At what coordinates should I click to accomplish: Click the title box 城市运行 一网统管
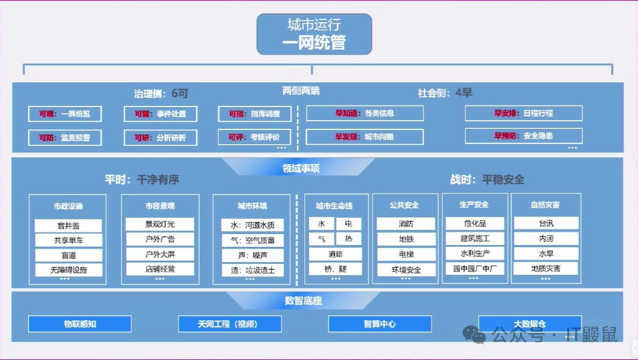point(314,35)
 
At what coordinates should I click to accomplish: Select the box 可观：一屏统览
point(65,114)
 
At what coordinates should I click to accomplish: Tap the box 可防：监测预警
point(65,137)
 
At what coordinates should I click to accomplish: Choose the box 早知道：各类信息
point(364,114)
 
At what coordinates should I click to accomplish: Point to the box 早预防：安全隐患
point(523,136)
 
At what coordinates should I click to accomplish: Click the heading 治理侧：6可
point(161,94)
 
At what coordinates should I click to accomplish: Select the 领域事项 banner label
point(301,168)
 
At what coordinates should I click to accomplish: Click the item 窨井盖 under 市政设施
point(69,225)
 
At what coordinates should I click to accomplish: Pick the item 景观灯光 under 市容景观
point(160,224)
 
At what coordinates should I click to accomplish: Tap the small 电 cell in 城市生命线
point(348,224)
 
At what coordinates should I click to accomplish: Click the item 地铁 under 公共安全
point(406,239)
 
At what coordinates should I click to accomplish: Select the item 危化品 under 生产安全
point(474,224)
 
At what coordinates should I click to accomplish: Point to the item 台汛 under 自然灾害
point(546,224)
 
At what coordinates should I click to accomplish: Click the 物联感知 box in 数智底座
point(80,324)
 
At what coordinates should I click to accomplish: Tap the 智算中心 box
point(379,324)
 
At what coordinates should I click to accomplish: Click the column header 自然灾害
point(545,205)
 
